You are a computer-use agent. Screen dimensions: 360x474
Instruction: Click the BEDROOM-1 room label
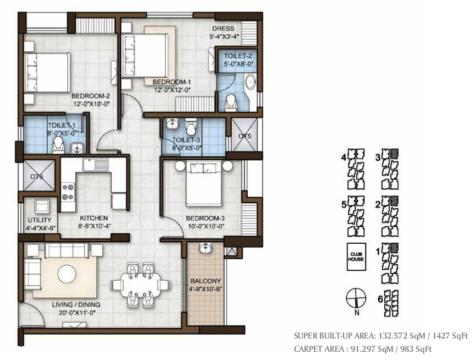[x=171, y=82]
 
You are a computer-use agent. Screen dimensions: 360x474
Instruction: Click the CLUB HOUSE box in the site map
[x=356, y=257]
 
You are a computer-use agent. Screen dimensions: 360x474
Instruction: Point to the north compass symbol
[x=356, y=298]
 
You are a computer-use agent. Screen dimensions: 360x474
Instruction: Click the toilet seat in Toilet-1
[x=57, y=145]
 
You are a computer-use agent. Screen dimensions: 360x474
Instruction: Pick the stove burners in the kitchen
[x=68, y=193]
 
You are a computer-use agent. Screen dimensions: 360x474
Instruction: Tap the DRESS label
[x=223, y=29]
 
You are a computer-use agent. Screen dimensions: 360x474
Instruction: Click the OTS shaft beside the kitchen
[x=39, y=176]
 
